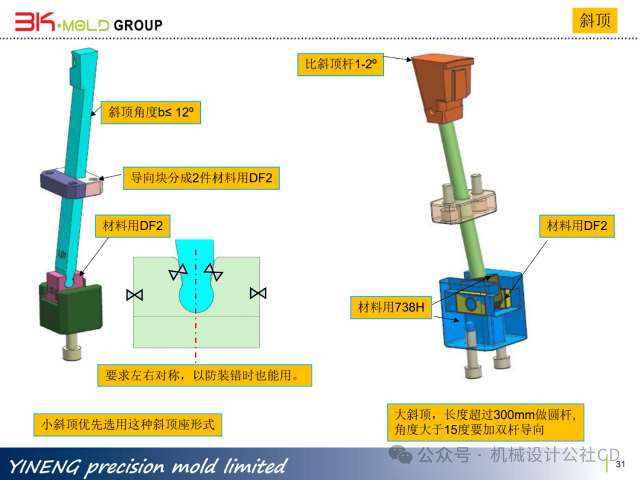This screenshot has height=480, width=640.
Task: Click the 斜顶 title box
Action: coord(595,21)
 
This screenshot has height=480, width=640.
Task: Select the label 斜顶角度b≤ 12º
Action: coord(151,112)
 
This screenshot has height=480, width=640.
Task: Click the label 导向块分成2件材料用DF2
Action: coord(201,178)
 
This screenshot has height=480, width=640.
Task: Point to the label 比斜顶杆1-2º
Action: coord(341,64)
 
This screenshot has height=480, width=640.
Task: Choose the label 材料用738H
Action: coord(391,307)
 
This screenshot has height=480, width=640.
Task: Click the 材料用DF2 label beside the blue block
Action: coord(577,226)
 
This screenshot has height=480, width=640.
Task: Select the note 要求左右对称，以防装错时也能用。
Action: coord(204,375)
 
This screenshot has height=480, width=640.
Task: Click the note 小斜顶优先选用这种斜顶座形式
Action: coord(127,424)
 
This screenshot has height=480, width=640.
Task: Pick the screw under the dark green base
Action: coord(71,350)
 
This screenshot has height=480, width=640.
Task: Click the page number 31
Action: coord(621,463)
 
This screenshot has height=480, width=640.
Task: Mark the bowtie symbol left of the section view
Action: coord(135,294)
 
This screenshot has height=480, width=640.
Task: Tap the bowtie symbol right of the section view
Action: coord(258,292)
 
